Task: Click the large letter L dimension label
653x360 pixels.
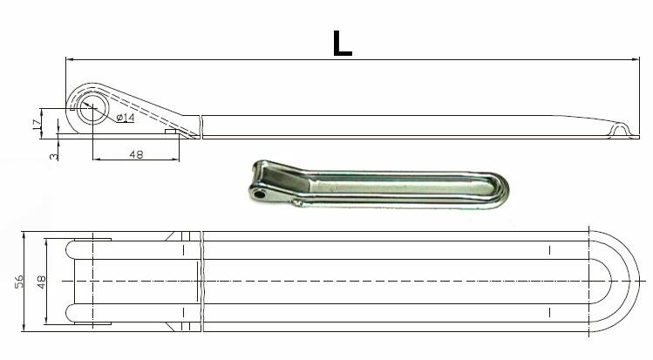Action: (343, 44)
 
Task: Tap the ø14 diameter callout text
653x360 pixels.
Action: (126, 118)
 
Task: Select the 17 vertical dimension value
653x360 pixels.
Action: (37, 124)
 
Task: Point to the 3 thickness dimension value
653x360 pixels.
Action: (54, 157)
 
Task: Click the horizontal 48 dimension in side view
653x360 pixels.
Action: (136, 154)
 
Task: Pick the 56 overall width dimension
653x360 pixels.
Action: (19, 282)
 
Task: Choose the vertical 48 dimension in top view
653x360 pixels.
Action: (41, 282)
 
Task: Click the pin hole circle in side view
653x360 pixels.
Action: (92, 108)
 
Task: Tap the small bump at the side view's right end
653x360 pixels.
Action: (619, 129)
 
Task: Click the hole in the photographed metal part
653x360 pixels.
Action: (261, 194)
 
